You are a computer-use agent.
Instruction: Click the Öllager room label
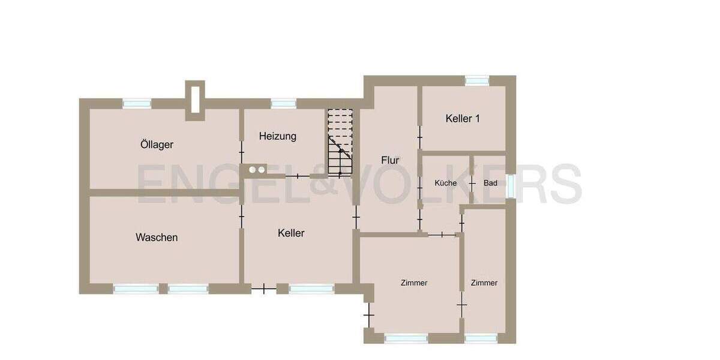157,145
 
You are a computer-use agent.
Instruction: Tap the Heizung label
278,136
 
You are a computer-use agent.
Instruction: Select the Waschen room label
157,238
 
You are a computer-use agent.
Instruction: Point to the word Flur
390,160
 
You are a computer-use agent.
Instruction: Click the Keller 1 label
463,118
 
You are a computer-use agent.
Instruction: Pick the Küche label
446,183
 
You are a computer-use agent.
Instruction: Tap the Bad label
490,183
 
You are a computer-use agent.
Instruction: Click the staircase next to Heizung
340,143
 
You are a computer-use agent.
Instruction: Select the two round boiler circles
257,170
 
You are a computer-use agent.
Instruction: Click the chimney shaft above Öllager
195,100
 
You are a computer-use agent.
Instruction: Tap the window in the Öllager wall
137,104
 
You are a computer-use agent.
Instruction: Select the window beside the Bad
511,185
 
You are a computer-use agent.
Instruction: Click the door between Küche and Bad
472,182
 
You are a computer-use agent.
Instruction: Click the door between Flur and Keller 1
419,135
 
